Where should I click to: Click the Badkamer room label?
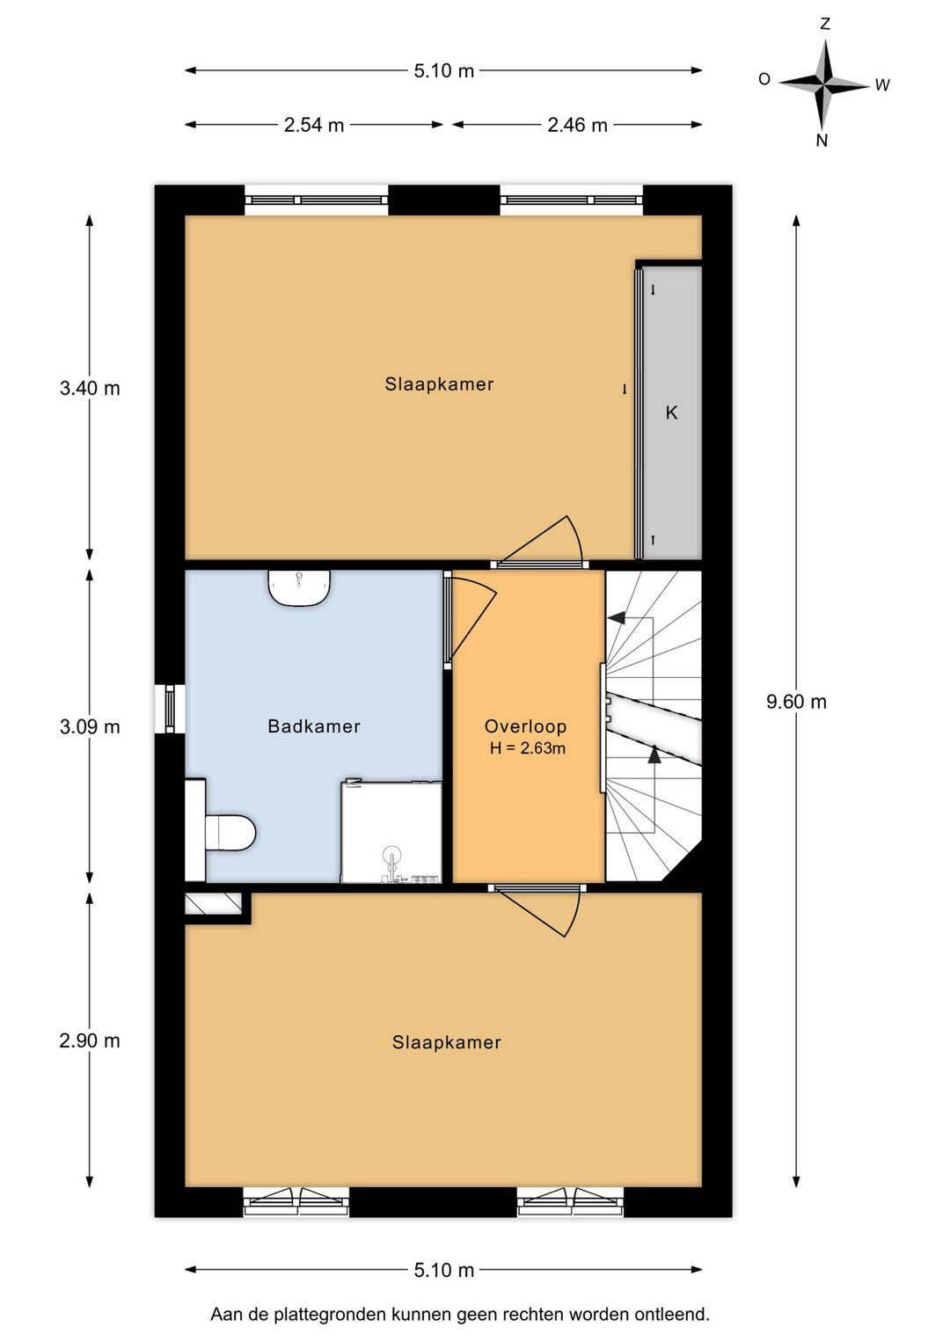pos(314,726)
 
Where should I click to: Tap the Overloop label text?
pos(525,726)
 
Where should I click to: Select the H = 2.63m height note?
pos(528,748)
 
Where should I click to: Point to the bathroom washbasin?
pos(299,587)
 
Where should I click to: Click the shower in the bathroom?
pos(391,832)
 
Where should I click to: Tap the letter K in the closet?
pos(671,412)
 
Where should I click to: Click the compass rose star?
pos(823,85)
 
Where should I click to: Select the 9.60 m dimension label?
pos(796,702)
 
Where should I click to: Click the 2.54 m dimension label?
pos(314,125)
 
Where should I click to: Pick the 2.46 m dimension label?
pos(577,125)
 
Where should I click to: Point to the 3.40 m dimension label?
pos(90,388)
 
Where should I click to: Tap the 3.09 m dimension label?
pos(90,727)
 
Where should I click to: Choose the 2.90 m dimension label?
pos(90,1040)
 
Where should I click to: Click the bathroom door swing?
pos(471,616)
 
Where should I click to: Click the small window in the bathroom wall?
pos(169,708)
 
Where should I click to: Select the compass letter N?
pos(822,141)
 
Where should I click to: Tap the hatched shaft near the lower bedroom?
pos(212,904)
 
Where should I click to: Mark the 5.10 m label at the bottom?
pos(444,1270)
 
